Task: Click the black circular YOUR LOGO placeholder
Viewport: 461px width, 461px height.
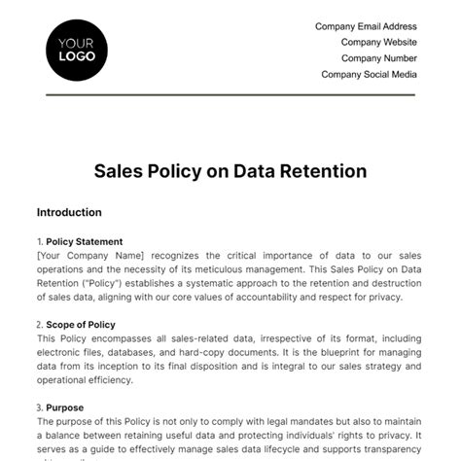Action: [x=77, y=50]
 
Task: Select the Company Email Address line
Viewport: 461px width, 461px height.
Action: [x=366, y=27]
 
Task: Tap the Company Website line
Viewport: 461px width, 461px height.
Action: [x=379, y=43]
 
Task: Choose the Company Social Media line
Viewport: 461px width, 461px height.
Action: [x=369, y=74]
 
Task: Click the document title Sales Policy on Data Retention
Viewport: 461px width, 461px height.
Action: [x=230, y=171]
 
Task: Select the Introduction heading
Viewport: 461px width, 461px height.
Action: [x=69, y=212]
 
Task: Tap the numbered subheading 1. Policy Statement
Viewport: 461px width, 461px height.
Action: [x=80, y=241]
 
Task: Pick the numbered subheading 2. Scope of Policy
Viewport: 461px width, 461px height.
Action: [x=76, y=324]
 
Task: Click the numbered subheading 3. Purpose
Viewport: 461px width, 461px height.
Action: [x=60, y=408]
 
